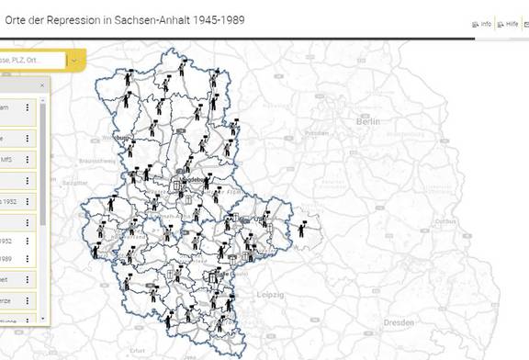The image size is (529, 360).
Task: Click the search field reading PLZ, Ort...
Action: (32, 61)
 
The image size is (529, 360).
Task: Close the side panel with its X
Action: (41, 84)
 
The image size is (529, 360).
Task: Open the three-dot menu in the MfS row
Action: (28, 158)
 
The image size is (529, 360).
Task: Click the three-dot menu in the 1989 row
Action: (28, 258)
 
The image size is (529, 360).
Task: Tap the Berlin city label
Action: (368, 121)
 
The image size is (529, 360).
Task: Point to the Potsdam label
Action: (317, 132)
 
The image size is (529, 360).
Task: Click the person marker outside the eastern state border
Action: (301, 228)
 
